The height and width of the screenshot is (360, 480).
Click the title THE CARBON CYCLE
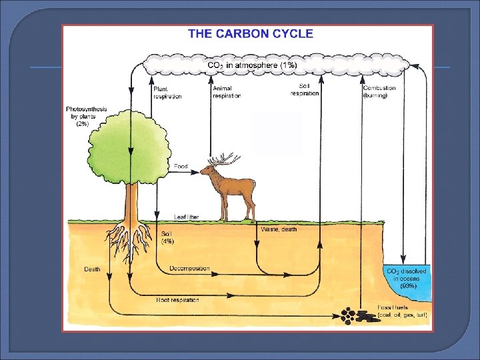point(250,34)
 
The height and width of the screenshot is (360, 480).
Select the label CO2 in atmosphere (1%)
point(252,65)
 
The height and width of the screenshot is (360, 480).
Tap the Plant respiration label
point(167,92)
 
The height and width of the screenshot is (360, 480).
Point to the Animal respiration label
point(227,92)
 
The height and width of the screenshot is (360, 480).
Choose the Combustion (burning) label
point(379,91)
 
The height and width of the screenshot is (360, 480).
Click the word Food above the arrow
point(181,165)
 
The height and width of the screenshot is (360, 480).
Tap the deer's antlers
point(223,159)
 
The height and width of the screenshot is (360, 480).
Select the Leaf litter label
point(186,217)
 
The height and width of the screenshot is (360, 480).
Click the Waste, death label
point(279,229)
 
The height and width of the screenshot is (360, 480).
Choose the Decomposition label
point(189,269)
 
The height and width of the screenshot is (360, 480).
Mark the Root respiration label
point(177,300)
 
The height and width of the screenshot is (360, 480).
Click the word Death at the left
point(92,269)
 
